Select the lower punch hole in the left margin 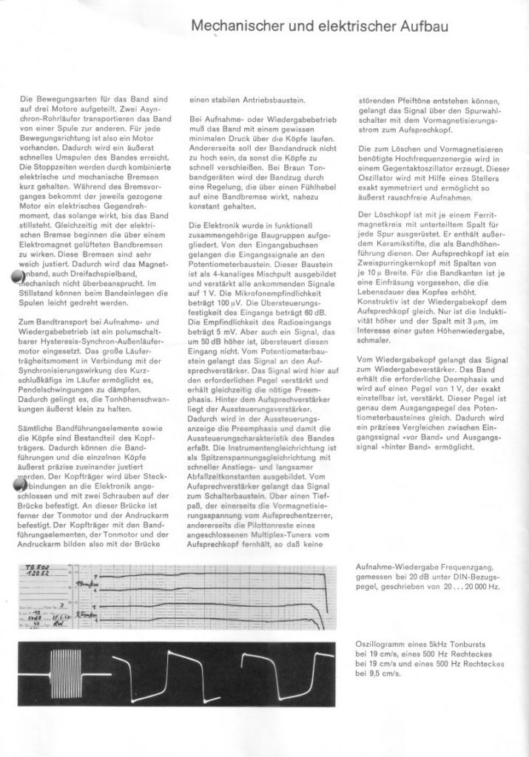(18, 485)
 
